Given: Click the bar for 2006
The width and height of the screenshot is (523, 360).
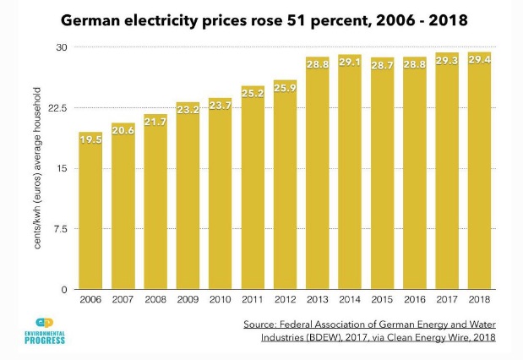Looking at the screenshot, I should pos(90,211).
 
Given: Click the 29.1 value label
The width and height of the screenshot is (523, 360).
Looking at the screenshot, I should pos(351,63).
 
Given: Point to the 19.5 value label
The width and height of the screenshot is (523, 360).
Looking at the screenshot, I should pos(90,139).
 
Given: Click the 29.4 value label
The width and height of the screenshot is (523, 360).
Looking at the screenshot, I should pos(481,59).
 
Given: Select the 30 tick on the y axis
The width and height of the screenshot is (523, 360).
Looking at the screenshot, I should pos(62,47).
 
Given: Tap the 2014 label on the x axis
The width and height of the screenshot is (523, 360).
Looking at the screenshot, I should pos(351,300).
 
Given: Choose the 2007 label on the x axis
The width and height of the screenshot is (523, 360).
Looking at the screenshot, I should pos(123,300).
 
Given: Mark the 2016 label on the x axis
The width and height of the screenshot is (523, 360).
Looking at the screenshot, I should pos(416,300).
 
